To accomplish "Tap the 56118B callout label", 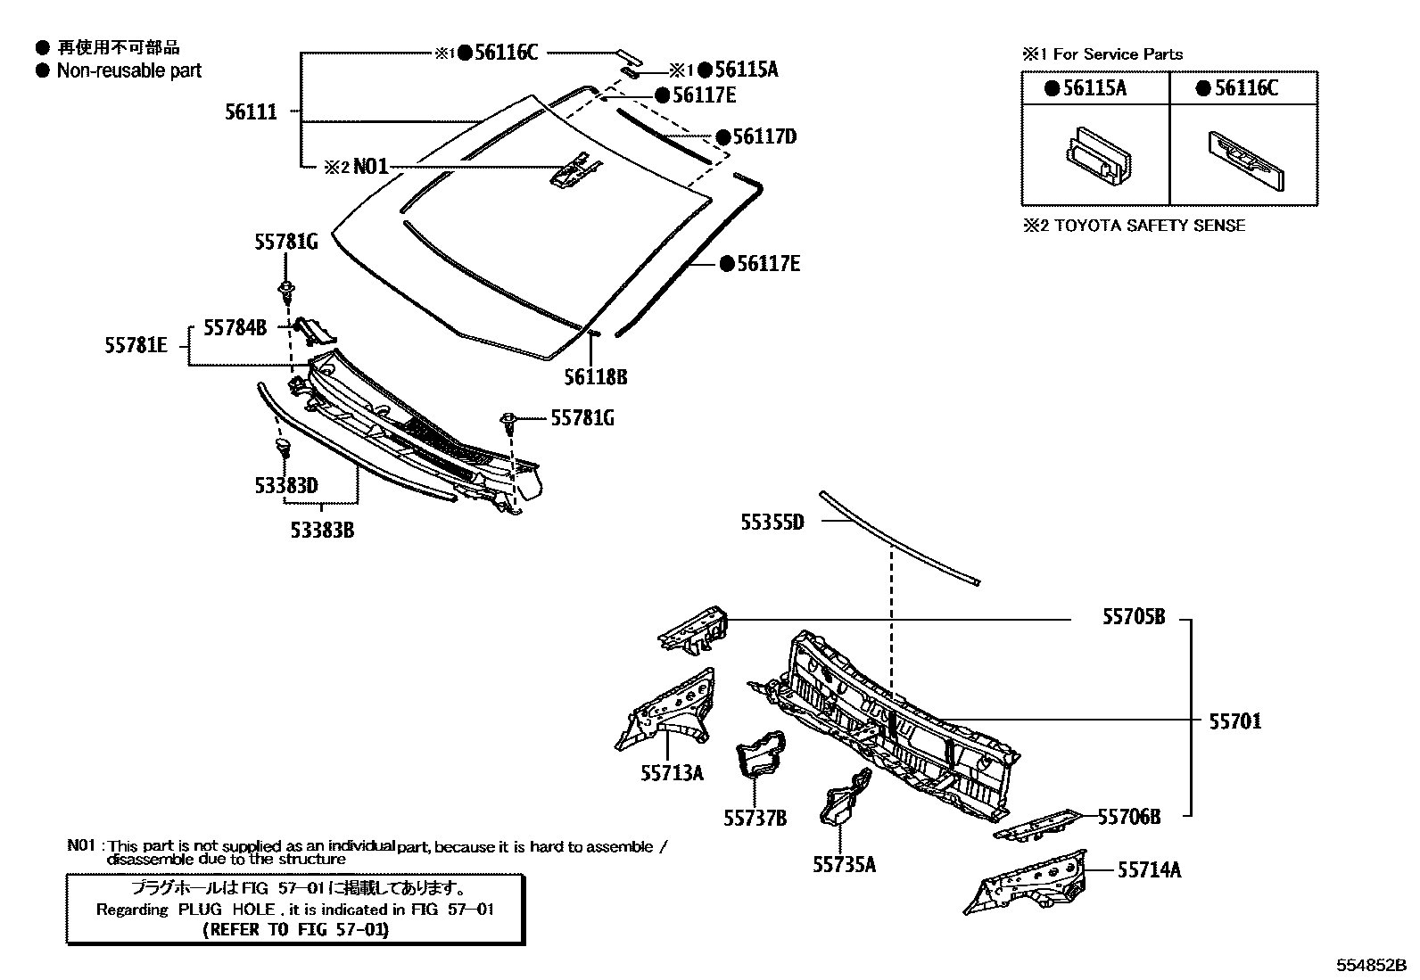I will click(595, 377).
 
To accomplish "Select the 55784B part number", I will click(235, 328).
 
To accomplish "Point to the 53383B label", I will click(322, 531).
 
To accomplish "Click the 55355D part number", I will click(772, 523).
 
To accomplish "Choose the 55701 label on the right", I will click(1235, 721).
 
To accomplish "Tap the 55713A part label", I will click(672, 773).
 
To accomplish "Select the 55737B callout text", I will click(755, 818).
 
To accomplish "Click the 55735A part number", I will click(844, 864).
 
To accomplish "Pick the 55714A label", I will click(1149, 869).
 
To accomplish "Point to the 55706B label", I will click(1128, 817).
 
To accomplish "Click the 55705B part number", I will click(1134, 617).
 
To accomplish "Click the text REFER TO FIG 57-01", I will click(296, 929).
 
